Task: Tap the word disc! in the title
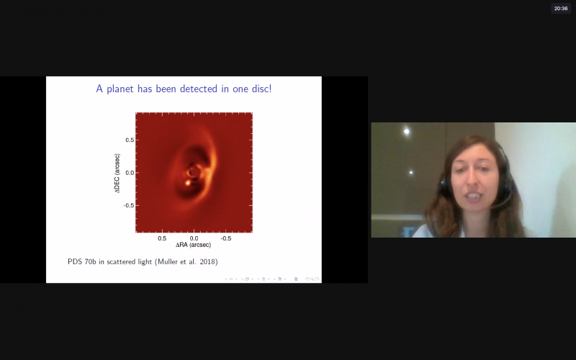tap(261, 89)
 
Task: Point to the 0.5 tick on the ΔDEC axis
tap(130, 140)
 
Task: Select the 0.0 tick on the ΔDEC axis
tap(130, 173)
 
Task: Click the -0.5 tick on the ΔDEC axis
tap(129, 205)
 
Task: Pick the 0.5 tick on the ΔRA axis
tap(162, 238)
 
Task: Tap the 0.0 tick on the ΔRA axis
tap(194, 238)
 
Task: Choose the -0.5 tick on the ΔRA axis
tap(225, 238)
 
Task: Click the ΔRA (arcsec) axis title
tap(193, 245)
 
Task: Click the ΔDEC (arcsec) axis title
tap(117, 173)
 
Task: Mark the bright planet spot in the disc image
tap(188, 183)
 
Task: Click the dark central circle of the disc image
tap(193, 172)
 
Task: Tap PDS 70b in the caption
tap(82, 261)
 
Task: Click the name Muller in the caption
tap(167, 261)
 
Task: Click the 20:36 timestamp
tap(561, 9)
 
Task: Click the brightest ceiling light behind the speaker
tap(406, 132)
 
